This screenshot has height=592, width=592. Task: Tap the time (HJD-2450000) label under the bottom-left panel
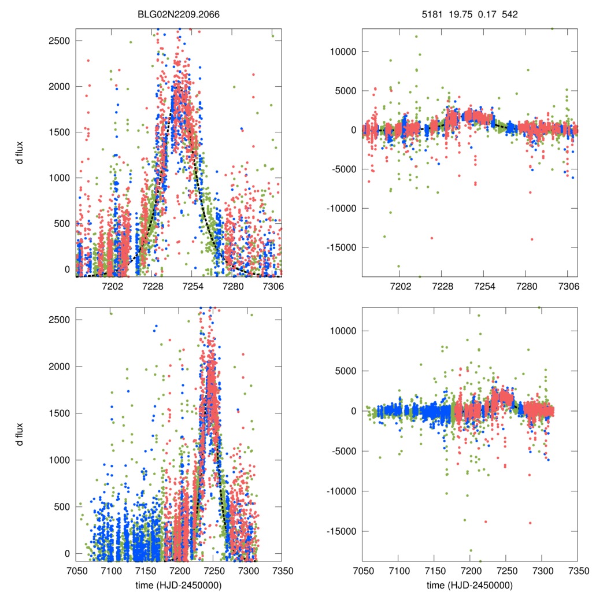pos(179,584)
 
